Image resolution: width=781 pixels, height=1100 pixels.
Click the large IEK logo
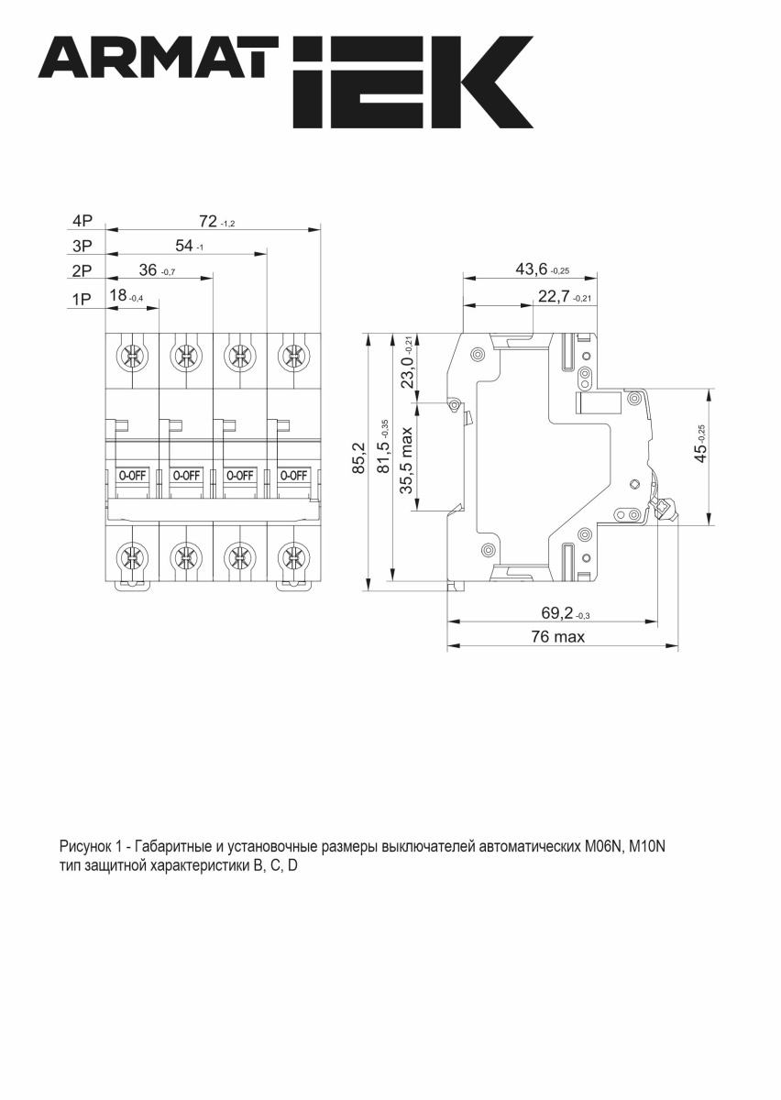coord(412,82)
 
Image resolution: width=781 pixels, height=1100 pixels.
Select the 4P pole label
coord(82,221)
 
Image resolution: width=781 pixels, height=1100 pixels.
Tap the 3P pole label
coord(82,246)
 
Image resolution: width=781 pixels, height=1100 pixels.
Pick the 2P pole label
coord(82,271)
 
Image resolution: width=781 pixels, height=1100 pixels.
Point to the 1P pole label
coord(82,297)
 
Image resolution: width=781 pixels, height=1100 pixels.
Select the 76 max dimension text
coord(556,637)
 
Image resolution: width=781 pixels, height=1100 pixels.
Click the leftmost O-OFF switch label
coord(131,475)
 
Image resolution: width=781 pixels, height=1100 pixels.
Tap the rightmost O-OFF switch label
coord(293,475)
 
